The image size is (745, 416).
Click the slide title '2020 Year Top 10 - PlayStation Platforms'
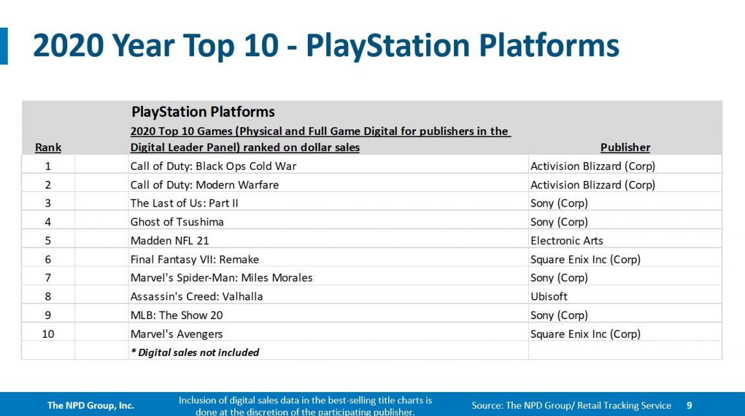click(326, 47)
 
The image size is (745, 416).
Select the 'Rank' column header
click(48, 147)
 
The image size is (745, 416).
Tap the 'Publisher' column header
click(625, 147)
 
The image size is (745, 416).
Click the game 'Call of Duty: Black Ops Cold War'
click(213, 166)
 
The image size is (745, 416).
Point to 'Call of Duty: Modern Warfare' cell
click(204, 185)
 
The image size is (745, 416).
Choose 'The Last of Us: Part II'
click(184, 203)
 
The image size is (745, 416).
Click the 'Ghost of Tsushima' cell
click(177, 222)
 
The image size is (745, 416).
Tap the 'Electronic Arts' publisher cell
click(567, 241)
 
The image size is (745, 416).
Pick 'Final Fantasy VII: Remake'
click(195, 260)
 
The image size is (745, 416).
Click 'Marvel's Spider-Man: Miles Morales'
click(221, 278)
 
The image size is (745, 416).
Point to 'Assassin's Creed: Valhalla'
click(197, 296)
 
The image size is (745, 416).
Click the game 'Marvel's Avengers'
click(177, 334)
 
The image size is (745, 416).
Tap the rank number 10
click(48, 334)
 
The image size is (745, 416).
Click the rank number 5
click(48, 241)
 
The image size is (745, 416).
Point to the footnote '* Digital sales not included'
click(195, 352)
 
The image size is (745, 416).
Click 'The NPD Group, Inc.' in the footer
click(91, 406)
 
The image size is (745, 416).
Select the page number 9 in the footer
click(689, 406)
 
